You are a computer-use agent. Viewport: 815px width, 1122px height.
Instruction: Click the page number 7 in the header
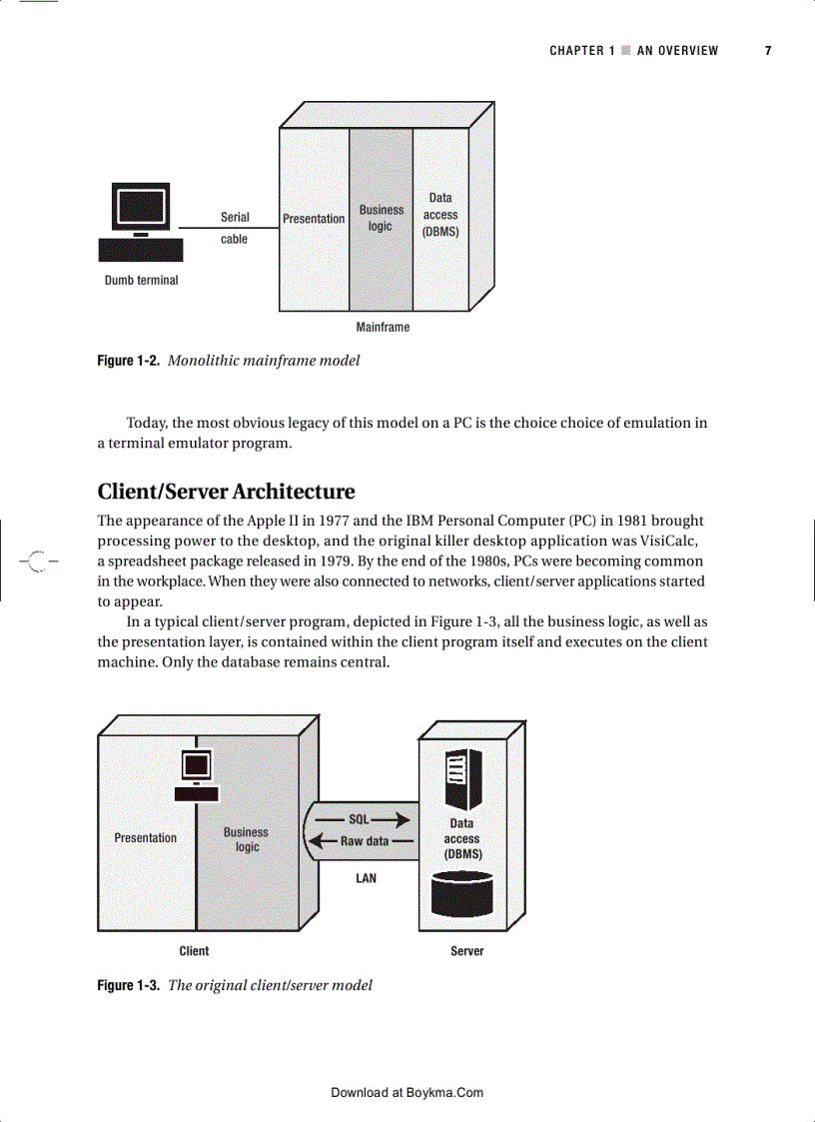click(x=768, y=51)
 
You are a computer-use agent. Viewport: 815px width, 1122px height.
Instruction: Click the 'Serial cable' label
click(x=235, y=228)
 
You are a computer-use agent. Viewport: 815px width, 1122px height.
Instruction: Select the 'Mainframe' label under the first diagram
click(x=383, y=327)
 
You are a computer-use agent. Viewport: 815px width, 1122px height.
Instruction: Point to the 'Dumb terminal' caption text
click(x=141, y=281)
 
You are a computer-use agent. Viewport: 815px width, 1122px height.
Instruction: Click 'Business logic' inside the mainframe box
click(x=382, y=218)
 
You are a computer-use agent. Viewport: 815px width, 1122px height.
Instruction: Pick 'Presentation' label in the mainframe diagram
click(x=314, y=219)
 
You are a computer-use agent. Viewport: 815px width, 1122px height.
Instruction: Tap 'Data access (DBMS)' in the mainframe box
click(x=440, y=215)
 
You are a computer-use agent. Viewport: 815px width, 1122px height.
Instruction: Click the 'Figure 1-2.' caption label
click(x=128, y=361)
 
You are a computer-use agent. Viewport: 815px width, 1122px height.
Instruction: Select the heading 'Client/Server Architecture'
click(x=226, y=492)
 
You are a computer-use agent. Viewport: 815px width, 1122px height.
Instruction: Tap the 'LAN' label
click(x=367, y=879)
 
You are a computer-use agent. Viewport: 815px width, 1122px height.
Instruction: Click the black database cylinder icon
click(x=461, y=894)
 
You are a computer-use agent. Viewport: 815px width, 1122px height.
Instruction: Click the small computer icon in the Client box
click(x=196, y=774)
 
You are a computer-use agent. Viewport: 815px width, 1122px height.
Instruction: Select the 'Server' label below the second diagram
click(x=466, y=951)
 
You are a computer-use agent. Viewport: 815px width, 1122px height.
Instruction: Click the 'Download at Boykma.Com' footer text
click(x=407, y=1093)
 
